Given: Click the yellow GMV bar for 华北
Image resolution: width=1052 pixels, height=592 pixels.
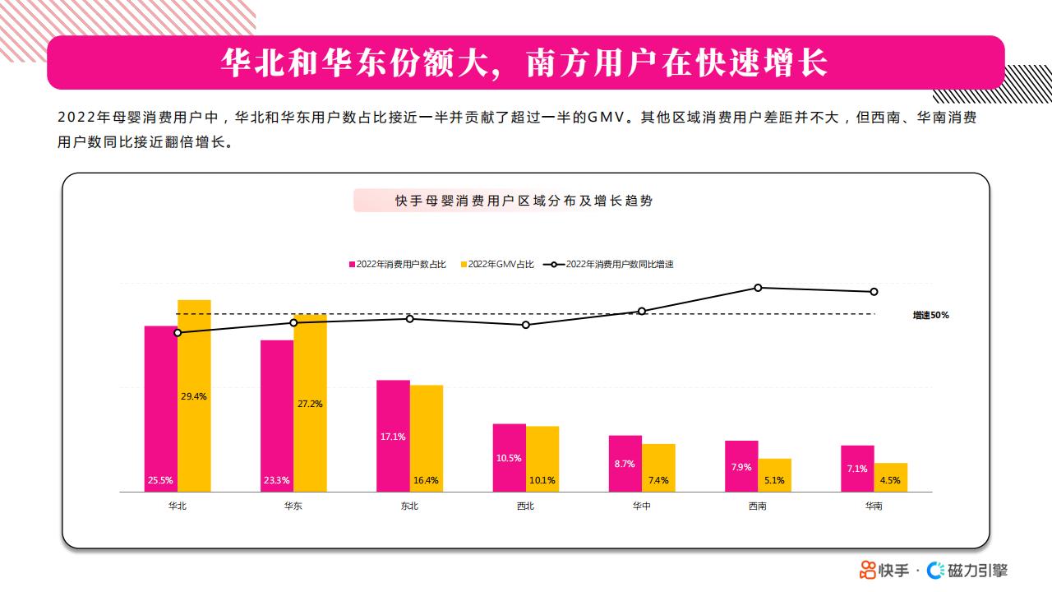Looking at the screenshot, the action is (194, 395).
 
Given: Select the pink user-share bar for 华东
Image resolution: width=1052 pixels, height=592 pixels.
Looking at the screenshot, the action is (277, 416).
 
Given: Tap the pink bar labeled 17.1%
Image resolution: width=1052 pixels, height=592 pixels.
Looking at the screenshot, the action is (393, 436).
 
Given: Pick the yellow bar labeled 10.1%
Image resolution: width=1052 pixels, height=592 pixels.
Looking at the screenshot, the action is (542, 459).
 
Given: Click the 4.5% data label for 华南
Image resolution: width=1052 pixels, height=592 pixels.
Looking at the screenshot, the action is (890, 480).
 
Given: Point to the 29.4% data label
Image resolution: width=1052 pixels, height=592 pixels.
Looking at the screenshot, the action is (193, 396).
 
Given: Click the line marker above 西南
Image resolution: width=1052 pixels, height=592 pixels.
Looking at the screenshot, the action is (758, 288).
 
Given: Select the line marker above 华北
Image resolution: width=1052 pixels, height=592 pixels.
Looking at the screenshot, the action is (178, 333).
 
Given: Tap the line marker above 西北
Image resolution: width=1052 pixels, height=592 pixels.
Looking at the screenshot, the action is (526, 325).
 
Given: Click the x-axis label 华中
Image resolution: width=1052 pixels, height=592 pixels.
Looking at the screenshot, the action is (642, 506).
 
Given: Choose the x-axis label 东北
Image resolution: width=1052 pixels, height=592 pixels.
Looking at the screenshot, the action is (409, 506).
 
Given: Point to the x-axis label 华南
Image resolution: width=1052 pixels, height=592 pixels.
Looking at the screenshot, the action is (874, 506).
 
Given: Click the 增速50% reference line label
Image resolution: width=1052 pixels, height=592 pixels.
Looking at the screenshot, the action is (931, 315).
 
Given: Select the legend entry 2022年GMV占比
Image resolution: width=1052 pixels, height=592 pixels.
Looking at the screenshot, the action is (497, 265).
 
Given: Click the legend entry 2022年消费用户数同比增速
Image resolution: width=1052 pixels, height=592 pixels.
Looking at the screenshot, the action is (609, 265).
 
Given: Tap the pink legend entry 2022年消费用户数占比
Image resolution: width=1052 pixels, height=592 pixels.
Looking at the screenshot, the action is (397, 265).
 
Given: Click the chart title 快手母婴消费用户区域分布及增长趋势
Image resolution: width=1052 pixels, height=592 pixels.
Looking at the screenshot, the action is (524, 201).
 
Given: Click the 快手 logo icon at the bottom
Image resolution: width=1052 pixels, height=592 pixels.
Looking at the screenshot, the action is (867, 571).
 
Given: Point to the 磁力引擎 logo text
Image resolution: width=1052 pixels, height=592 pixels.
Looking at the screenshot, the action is (977, 571).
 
